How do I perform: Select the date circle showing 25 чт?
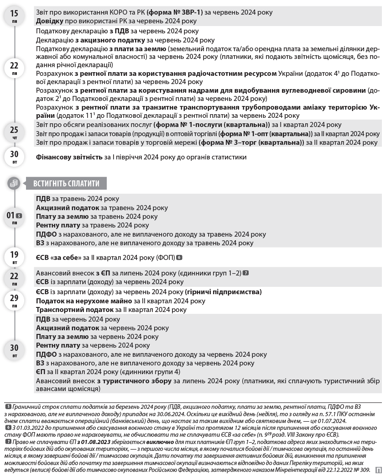[14, 133]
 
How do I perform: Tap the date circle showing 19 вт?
[14, 257]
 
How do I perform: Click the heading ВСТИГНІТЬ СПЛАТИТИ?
[66, 184]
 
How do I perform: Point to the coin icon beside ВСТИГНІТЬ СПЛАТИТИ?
[14, 184]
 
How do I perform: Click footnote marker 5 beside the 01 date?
[19, 216]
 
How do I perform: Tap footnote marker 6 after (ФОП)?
[179, 258]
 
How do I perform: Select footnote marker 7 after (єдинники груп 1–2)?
[246, 273]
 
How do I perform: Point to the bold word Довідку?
[49, 21]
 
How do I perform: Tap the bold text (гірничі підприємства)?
[224, 292]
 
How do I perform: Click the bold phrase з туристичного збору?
[132, 381]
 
